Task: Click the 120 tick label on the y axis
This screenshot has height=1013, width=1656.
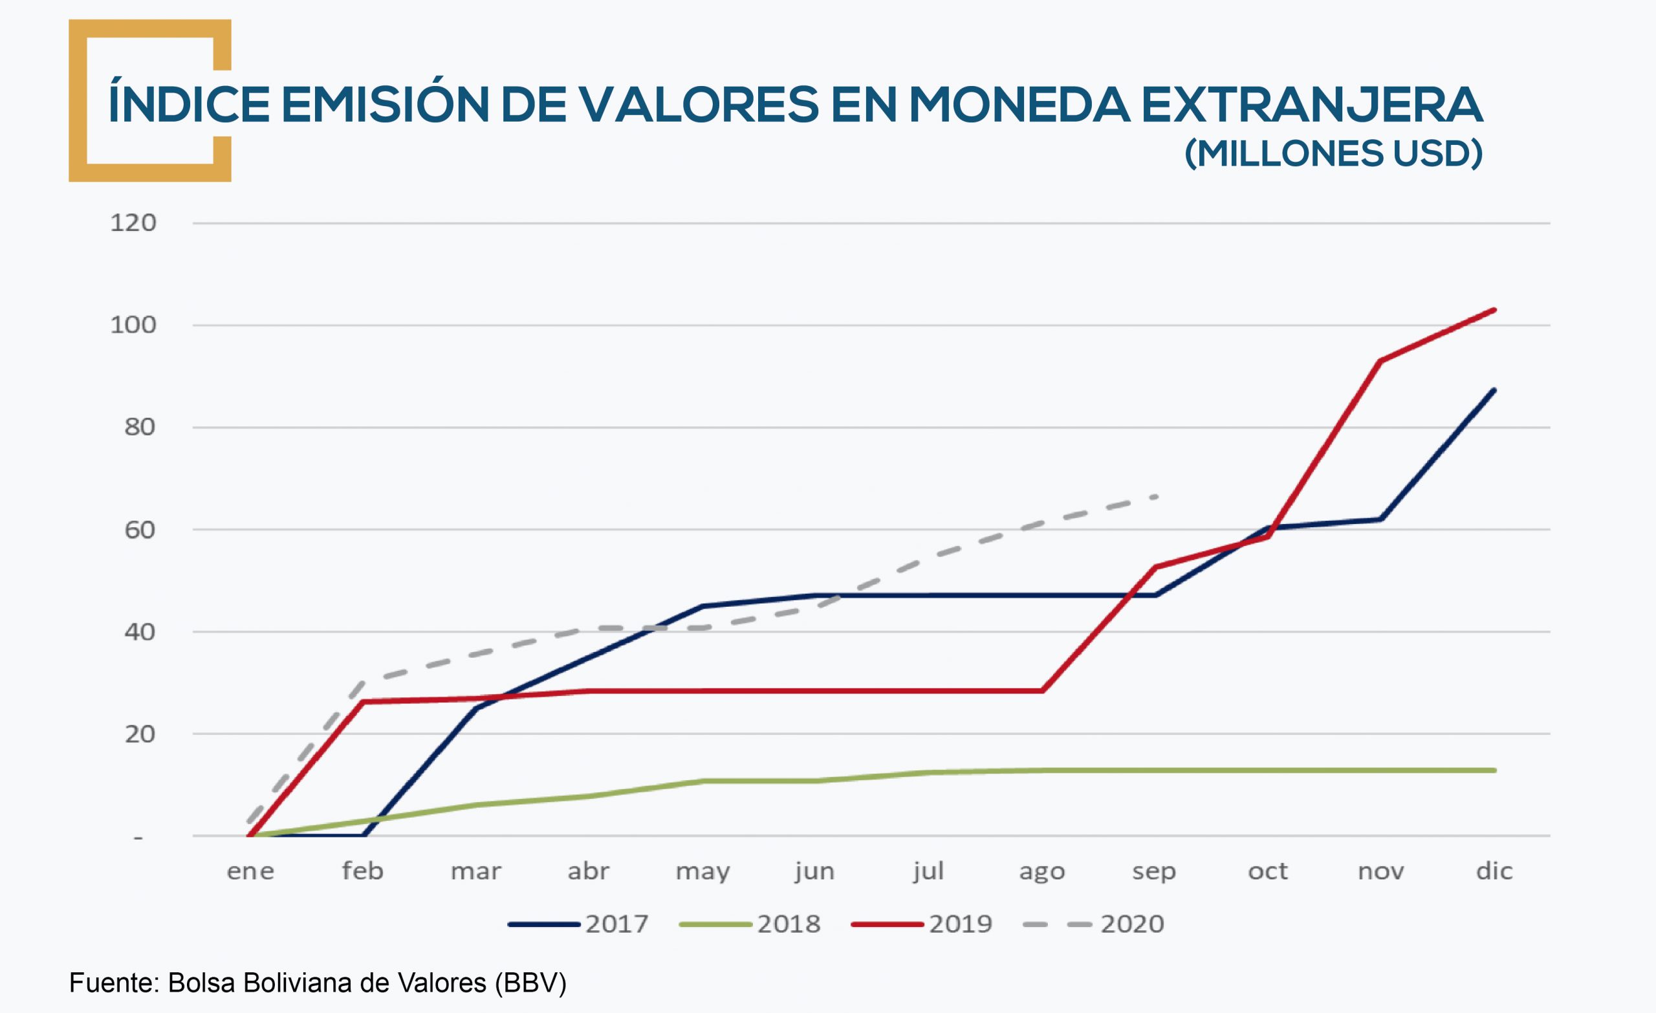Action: (x=133, y=223)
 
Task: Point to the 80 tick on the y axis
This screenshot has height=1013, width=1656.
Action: (x=140, y=427)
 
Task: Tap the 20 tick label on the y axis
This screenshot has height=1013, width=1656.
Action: (x=140, y=734)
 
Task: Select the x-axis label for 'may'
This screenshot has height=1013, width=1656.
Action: (x=703, y=871)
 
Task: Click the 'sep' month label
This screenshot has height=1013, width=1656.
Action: (x=1154, y=871)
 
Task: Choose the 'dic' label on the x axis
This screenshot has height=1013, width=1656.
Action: (x=1494, y=871)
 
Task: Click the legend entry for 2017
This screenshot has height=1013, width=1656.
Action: (x=578, y=924)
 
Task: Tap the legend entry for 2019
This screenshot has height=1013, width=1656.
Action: (x=921, y=924)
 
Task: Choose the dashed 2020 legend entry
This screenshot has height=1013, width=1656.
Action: (x=1093, y=924)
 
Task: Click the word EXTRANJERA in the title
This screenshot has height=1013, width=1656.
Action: (x=1312, y=105)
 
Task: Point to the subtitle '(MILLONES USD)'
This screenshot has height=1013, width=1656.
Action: (x=1333, y=154)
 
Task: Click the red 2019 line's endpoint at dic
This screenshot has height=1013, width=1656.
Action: (x=1494, y=310)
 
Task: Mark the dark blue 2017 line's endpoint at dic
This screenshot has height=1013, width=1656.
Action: (x=1494, y=390)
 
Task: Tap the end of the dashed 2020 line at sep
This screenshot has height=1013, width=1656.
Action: (x=1155, y=497)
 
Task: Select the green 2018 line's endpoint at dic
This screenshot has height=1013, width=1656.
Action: (x=1494, y=770)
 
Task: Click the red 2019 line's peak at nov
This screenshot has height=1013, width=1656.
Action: (x=1380, y=361)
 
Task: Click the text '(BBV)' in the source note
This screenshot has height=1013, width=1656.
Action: (x=530, y=983)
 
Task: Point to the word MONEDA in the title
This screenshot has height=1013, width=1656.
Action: (x=1019, y=105)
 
